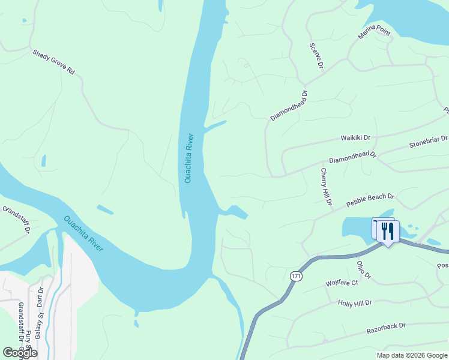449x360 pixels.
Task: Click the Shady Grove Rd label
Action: pos(54,62)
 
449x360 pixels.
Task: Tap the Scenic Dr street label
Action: pos(316,55)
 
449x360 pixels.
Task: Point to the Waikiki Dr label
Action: pos(357,138)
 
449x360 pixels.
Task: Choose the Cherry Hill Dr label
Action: pos(326,187)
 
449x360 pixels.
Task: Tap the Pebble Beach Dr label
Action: pos(370,200)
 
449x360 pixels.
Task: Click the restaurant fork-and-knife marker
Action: pos(388,230)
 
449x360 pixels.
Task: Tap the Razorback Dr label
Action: pos(386,329)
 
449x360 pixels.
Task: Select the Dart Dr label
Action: pos(41,296)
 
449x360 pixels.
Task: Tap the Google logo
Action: pos(20,352)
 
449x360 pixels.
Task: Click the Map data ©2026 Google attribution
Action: pos(412,355)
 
